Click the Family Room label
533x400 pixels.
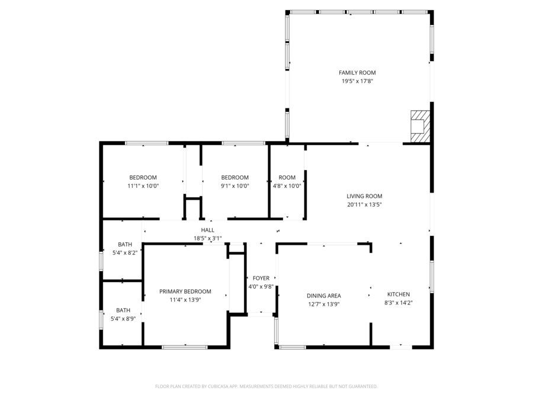click(x=357, y=73)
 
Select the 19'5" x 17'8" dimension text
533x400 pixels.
click(x=357, y=81)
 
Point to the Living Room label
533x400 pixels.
click(x=364, y=196)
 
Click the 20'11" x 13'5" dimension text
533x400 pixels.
click(x=364, y=204)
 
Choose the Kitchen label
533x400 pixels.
click(x=398, y=295)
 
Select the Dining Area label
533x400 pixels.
click(x=323, y=296)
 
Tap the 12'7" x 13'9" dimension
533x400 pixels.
click(x=323, y=304)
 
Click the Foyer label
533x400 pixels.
click(x=261, y=278)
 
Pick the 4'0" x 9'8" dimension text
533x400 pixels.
click(x=261, y=286)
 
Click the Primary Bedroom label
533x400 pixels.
click(x=185, y=292)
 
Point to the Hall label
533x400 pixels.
click(x=207, y=230)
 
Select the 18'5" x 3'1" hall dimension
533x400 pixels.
click(x=207, y=238)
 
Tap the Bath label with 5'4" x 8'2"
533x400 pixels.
click(x=125, y=244)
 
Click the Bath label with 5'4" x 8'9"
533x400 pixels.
click(x=123, y=310)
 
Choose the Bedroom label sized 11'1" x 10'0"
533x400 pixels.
click(x=143, y=177)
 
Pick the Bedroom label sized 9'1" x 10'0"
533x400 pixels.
click(x=235, y=177)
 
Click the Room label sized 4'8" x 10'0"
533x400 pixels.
click(x=287, y=177)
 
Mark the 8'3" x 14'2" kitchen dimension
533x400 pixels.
click(x=398, y=303)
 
